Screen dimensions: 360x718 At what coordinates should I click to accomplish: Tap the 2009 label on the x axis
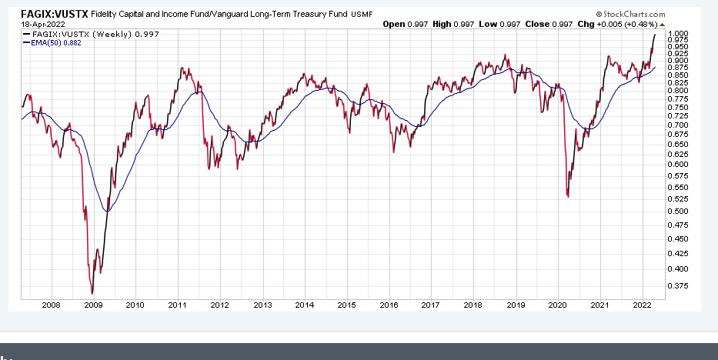pos(92,305)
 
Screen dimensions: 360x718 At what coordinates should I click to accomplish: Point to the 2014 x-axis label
pos(304,305)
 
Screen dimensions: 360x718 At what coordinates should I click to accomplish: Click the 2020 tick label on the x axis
pos(557,305)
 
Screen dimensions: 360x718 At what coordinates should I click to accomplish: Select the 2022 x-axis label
pos(643,305)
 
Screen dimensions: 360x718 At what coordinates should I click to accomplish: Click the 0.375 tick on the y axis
pos(678,285)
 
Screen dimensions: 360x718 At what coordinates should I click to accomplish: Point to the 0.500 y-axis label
pos(678,211)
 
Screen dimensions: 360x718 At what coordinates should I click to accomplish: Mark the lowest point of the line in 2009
pos(92,293)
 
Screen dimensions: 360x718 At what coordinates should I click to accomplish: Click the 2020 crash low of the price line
pos(568,197)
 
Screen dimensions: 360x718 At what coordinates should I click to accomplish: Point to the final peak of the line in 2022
pos(655,35)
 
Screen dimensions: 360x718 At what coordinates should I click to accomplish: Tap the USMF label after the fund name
pos(362,15)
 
